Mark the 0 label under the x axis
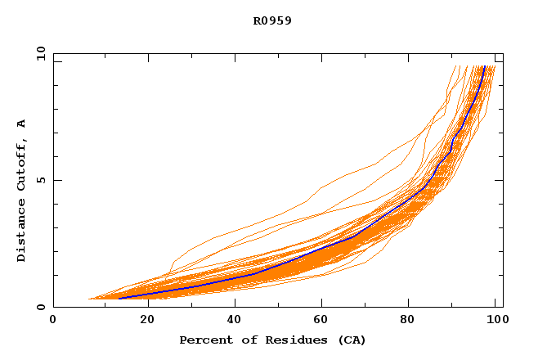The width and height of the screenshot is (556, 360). [x=53, y=319]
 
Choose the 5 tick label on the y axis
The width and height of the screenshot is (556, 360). [x=40, y=180]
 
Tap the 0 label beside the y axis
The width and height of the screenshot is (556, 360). [x=40, y=307]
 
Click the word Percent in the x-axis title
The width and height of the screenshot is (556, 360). [x=202, y=340]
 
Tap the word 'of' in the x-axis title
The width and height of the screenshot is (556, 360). [x=241, y=340]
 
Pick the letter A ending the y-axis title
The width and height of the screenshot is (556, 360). [x=21, y=124]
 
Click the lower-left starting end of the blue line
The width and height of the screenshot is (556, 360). [x=119, y=298]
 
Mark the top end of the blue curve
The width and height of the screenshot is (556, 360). [x=484, y=66]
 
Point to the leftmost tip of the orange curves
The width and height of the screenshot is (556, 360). [x=88, y=299]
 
